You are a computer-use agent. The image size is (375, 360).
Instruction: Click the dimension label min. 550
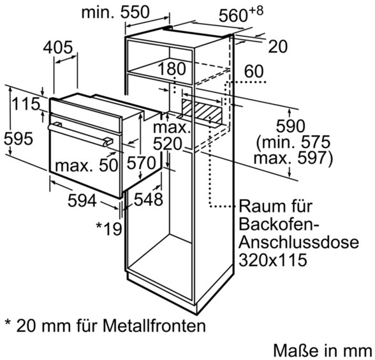pos(115,12)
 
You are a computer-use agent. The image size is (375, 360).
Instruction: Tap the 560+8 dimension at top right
pos(241,14)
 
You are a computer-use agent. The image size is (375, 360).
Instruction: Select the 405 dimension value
pos(57,47)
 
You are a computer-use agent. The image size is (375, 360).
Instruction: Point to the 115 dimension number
pos(26,104)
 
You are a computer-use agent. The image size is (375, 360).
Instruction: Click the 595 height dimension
pos(18,139)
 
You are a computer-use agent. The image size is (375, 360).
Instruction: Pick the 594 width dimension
pos(82,200)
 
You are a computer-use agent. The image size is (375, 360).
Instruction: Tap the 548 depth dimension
pos(148,199)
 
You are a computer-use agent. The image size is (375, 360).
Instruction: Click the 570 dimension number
pos(141,163)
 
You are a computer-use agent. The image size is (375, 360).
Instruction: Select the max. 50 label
pos(87,165)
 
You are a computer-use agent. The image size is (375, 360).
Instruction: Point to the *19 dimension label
pos(109,229)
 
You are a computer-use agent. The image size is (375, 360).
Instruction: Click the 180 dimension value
pos(172,69)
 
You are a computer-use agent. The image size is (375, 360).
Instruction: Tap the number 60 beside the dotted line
pos(254,71)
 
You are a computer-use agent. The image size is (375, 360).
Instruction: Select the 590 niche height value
pos(291,126)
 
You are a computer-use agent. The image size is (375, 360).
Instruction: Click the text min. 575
pos(293,142)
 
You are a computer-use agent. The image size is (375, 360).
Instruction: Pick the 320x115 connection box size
pos(273,260)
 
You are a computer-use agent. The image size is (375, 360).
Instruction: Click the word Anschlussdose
pos(298,242)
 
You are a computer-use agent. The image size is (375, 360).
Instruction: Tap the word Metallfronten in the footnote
pos(154,326)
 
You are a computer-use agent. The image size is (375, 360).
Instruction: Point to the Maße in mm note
pos(323,350)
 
